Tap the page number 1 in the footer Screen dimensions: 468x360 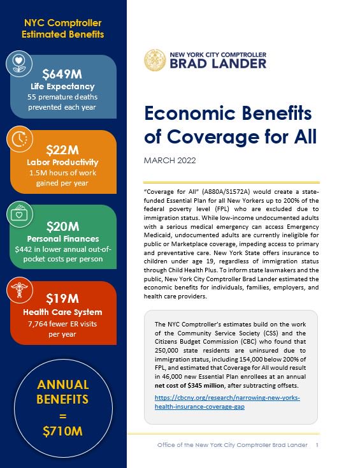pos(317,444)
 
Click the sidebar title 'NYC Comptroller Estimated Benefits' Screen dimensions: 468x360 pos(63,28)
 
